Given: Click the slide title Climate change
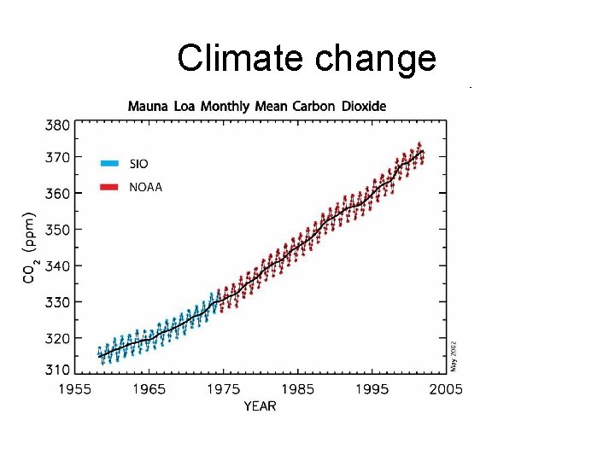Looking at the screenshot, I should pos(307,58).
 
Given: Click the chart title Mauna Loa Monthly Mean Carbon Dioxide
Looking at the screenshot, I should pos(256,107).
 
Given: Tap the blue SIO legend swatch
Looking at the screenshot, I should pos(108,163).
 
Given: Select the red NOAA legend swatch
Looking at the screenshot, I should pos(108,187).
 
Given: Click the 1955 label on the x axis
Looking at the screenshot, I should pos(75,389).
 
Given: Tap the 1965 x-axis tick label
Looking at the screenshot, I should pos(149,389).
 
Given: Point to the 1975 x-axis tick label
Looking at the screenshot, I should pos(223,389).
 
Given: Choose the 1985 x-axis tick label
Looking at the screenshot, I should pos(297,389).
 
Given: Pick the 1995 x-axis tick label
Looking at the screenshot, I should pos(372,389).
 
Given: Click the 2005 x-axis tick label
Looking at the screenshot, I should pos(445,389).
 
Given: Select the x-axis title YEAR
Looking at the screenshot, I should pos(260,406).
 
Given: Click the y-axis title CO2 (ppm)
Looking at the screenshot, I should pos(30,248).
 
